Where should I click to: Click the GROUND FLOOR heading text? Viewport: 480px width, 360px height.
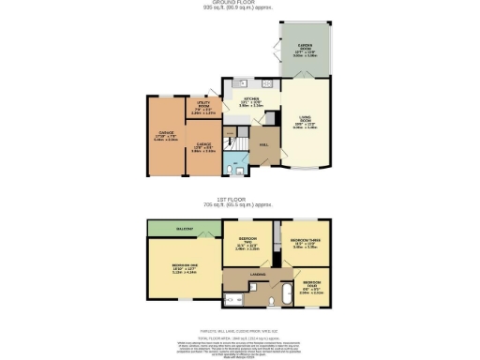click(239, 3)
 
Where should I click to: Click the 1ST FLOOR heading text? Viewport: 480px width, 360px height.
click(239, 199)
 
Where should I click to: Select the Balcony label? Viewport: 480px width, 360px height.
click(183, 230)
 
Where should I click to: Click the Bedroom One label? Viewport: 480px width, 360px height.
click(183, 266)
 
